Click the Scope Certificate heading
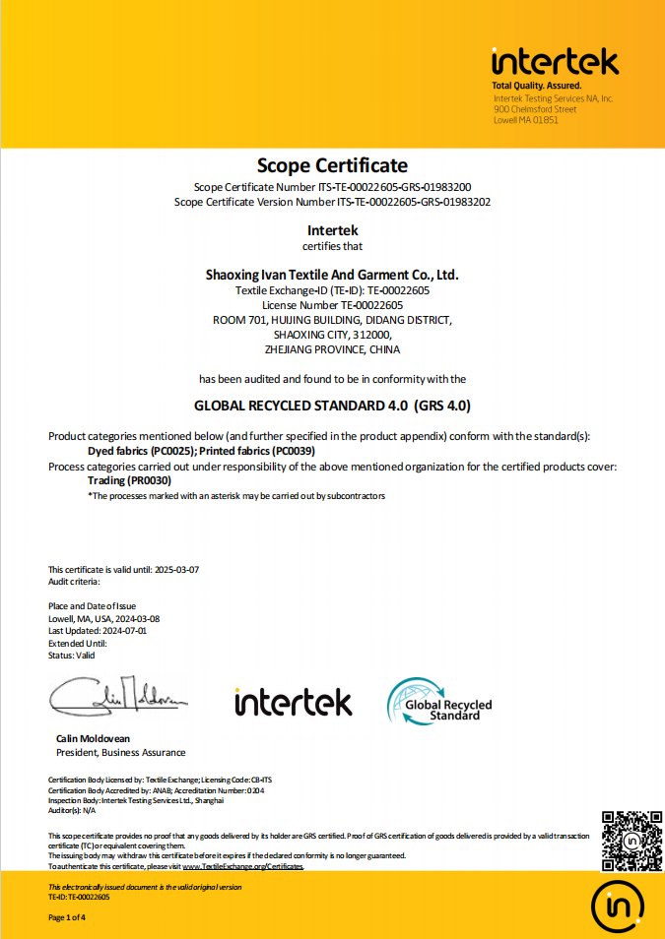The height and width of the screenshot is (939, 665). coord(332,165)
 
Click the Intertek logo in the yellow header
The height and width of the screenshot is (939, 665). coord(555,62)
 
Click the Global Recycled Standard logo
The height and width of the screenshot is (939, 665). coord(439,701)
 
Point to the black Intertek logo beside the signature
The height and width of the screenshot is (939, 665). coord(293,702)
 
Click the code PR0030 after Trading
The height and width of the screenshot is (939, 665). coord(150,480)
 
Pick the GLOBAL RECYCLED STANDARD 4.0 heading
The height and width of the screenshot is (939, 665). coord(332,405)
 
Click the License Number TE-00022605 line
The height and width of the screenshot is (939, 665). coord(332,305)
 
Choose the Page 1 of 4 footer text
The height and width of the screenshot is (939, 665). coord(68,917)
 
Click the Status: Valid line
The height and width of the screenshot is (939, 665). coord(72,656)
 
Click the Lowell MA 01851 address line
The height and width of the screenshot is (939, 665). coord(526,120)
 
